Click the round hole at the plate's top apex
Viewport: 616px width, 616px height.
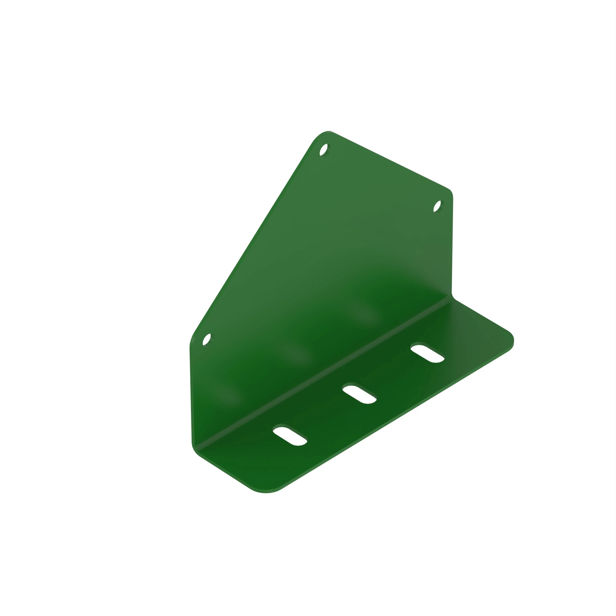(x=324, y=150)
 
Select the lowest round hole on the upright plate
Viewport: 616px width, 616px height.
(x=207, y=339)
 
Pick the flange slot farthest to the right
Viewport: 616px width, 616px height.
(x=427, y=353)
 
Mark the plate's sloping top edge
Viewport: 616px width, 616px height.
(x=389, y=161)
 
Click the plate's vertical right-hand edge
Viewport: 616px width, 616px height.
(x=452, y=245)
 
